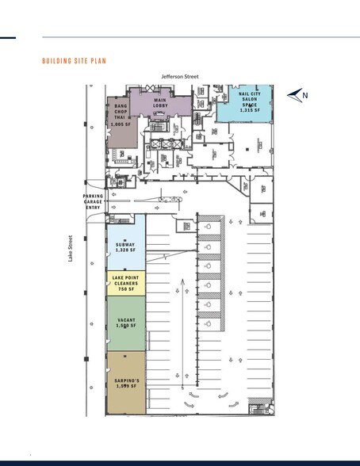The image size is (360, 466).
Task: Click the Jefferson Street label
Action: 180,76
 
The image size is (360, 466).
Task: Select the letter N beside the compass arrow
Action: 306,95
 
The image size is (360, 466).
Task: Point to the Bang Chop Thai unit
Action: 121,123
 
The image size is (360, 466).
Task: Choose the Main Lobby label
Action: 159,103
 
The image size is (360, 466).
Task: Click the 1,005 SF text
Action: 120,124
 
